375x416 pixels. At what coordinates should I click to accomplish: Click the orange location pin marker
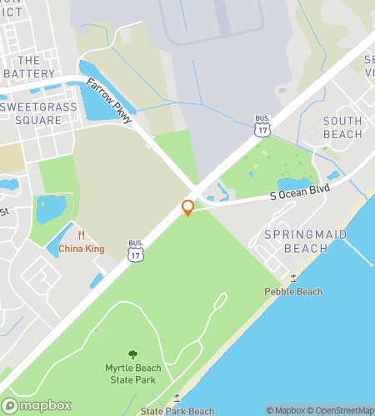pyautogui.click(x=187, y=207)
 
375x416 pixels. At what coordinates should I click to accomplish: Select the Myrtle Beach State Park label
pyautogui.click(x=132, y=374)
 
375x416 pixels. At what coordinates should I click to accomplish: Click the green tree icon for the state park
pyautogui.click(x=132, y=355)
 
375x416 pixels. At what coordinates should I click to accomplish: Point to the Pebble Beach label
pyautogui.click(x=293, y=291)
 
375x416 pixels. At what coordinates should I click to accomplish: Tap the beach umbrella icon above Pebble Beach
pyautogui.click(x=293, y=279)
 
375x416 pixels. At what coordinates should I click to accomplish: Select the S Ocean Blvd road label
pyautogui.click(x=299, y=192)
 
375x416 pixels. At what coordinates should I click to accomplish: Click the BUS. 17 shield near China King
pyautogui.click(x=136, y=252)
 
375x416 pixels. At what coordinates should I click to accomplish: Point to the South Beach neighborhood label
pyautogui.click(x=342, y=127)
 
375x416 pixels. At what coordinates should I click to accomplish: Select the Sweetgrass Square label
pyautogui.click(x=38, y=113)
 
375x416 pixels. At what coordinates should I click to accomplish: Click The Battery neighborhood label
pyautogui.click(x=28, y=67)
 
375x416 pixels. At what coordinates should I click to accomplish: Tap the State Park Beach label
pyautogui.click(x=177, y=411)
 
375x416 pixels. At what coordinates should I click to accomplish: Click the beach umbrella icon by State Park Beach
pyautogui.click(x=176, y=399)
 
